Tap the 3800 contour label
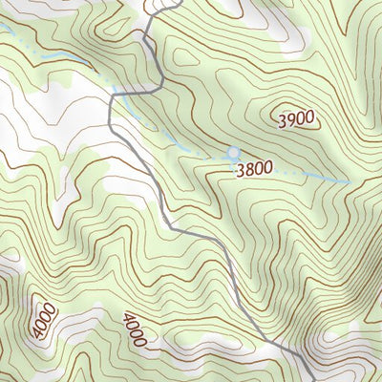[253, 168]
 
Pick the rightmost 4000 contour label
[135, 329]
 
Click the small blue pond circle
[234, 153]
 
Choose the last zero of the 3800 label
[267, 167]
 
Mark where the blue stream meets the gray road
[113, 95]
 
